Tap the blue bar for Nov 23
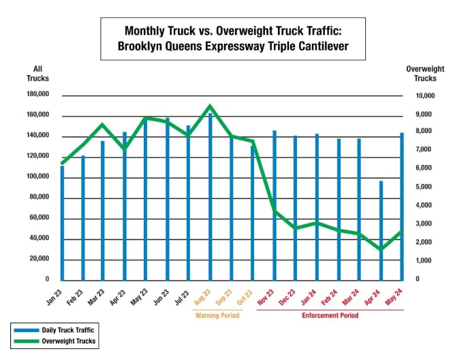pyautogui.click(x=275, y=205)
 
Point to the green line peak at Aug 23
pyautogui.click(x=210, y=106)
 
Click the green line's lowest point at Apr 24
pyautogui.click(x=381, y=250)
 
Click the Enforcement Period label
pyautogui.click(x=330, y=316)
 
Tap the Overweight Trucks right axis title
pyautogui.click(x=425, y=74)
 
